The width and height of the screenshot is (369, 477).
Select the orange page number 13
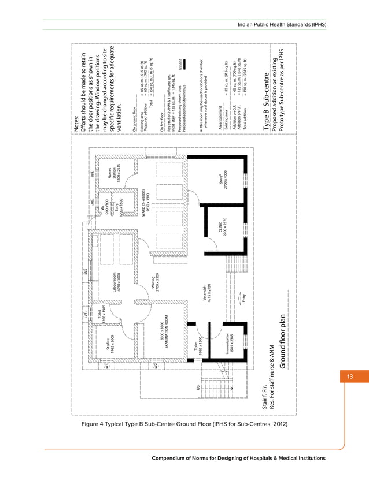coord(349,378)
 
